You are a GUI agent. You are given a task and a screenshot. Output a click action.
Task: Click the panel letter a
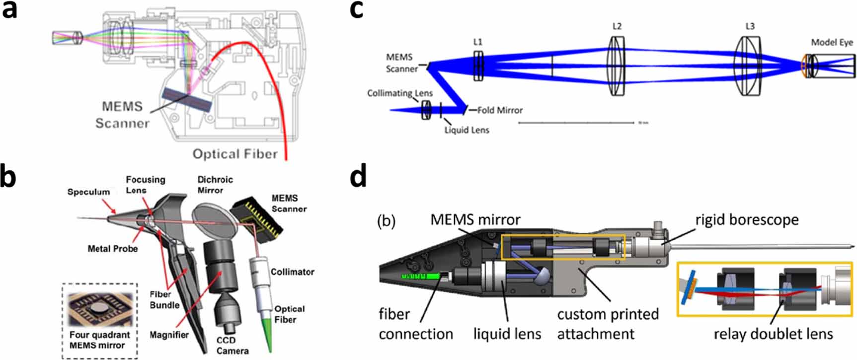coord(10,10)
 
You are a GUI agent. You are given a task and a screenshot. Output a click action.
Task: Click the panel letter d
coord(358,177)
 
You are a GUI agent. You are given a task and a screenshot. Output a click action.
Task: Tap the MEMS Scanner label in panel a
coord(122,115)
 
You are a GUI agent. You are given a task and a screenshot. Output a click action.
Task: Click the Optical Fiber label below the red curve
coord(235,154)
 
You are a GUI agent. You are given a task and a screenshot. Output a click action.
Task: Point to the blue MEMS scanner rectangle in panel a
coord(188,100)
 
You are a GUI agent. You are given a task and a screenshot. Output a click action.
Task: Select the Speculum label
coord(88,192)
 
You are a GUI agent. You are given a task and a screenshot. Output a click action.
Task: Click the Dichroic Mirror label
coord(215,185)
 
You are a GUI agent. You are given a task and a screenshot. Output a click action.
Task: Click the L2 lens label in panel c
coord(617,26)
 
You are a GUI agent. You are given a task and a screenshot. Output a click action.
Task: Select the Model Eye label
coord(832,43)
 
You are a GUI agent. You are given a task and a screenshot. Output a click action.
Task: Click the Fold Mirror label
coord(499,110)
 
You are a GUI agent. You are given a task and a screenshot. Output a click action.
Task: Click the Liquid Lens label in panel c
coord(467,130)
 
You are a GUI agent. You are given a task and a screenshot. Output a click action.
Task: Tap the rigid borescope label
coord(747,219)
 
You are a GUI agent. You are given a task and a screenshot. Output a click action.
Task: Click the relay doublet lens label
coord(773,334)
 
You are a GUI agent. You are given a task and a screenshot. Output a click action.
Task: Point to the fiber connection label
coord(415,324)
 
